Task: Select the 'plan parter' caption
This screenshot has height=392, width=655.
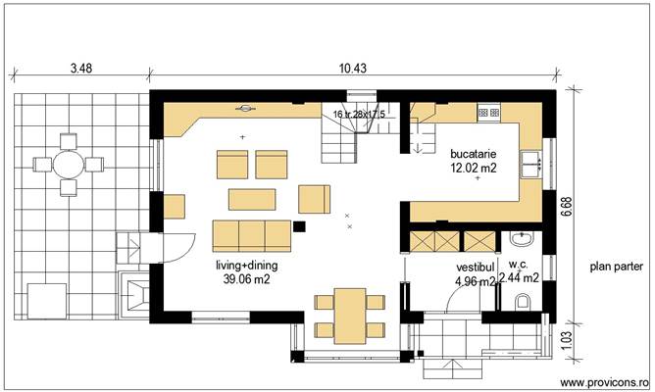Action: click(615, 266)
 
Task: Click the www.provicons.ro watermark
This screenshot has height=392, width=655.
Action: click(605, 382)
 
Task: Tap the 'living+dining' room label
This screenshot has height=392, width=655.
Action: click(246, 266)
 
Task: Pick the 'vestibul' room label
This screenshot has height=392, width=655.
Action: click(473, 266)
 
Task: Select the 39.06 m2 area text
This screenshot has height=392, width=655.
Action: click(247, 279)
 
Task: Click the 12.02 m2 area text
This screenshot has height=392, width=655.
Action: click(473, 168)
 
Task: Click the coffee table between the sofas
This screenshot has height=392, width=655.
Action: click(257, 199)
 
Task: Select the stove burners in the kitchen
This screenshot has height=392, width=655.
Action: click(489, 114)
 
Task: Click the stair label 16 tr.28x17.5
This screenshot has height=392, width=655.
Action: click(359, 115)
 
